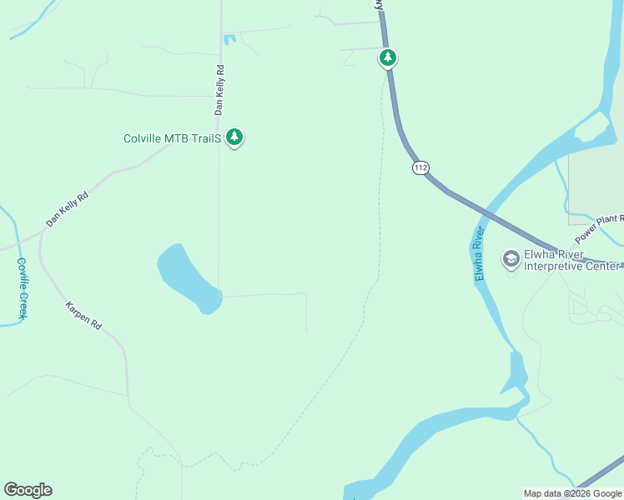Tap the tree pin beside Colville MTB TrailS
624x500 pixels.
[x=234, y=137]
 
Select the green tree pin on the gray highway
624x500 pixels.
[x=387, y=57]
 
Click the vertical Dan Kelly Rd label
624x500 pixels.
[x=220, y=90]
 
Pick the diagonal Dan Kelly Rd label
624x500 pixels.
[x=67, y=210]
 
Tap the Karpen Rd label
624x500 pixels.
[x=83, y=316]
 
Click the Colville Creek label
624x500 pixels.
[x=23, y=287]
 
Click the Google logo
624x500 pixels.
[x=28, y=490]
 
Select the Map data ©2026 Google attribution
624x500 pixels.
[x=572, y=493]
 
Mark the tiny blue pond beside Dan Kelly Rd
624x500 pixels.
[x=229, y=39]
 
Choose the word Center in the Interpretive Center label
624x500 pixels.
[x=601, y=266]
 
